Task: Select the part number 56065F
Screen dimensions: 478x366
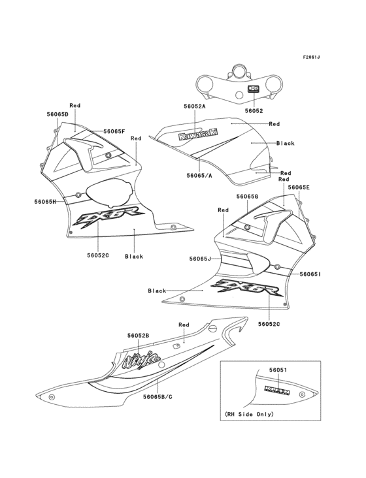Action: [114, 131]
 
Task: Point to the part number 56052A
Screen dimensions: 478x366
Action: [195, 106]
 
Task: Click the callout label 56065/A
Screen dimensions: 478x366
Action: [199, 175]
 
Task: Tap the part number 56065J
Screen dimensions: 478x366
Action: [201, 259]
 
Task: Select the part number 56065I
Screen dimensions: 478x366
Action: [310, 275]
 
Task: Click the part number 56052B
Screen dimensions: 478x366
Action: [138, 335]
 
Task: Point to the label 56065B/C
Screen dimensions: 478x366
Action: [158, 396]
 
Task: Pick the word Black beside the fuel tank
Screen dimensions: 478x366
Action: [286, 143]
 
